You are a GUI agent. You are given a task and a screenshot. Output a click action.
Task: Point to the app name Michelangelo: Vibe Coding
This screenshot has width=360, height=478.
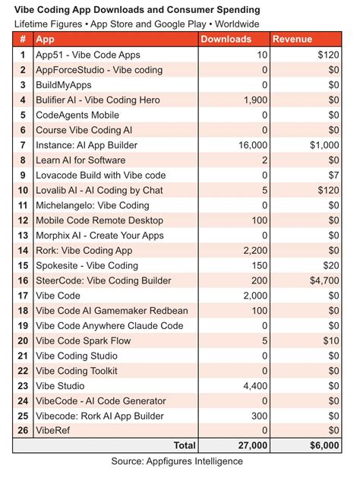click(93, 205)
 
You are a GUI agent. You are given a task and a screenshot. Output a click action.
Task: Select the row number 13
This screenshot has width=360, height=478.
click(23, 235)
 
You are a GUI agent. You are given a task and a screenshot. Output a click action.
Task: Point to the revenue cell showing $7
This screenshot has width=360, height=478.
click(331, 175)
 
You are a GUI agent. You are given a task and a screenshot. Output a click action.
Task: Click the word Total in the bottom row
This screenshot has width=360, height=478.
click(184, 445)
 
